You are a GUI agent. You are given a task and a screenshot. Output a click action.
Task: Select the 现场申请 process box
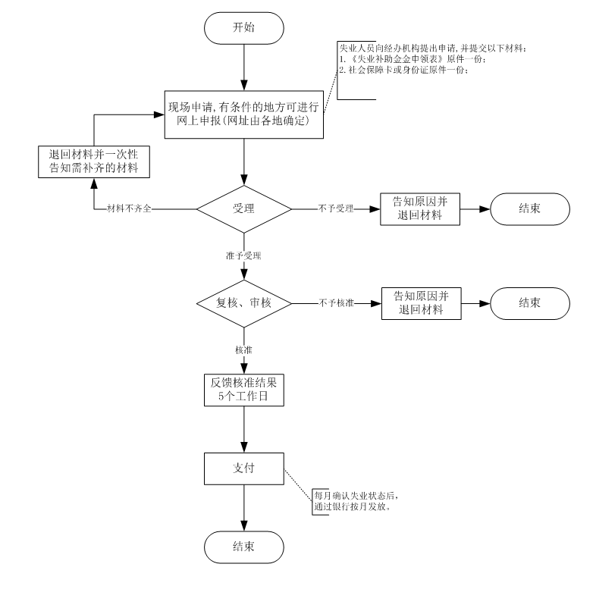pyautogui.click(x=243, y=114)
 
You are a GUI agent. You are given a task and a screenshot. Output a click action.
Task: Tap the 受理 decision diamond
pyautogui.click(x=243, y=208)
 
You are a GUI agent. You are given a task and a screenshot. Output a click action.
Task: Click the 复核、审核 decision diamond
pyautogui.click(x=243, y=302)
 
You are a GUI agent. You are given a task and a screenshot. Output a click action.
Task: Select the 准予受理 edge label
pyautogui.click(x=243, y=255)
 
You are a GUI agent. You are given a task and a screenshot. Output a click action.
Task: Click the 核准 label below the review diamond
pyautogui.click(x=243, y=349)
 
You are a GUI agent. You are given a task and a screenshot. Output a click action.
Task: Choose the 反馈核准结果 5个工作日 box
pyautogui.click(x=243, y=389)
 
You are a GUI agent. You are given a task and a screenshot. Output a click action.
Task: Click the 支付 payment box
pyautogui.click(x=243, y=469)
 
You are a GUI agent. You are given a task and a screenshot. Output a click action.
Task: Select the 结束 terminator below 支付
pyautogui.click(x=243, y=547)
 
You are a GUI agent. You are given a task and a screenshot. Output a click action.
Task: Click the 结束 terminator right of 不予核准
pyautogui.click(x=529, y=302)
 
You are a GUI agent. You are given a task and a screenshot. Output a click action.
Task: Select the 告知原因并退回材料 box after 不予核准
pyautogui.click(x=419, y=302)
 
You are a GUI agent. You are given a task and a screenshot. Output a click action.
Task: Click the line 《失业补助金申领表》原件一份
pyautogui.click(x=413, y=60)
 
